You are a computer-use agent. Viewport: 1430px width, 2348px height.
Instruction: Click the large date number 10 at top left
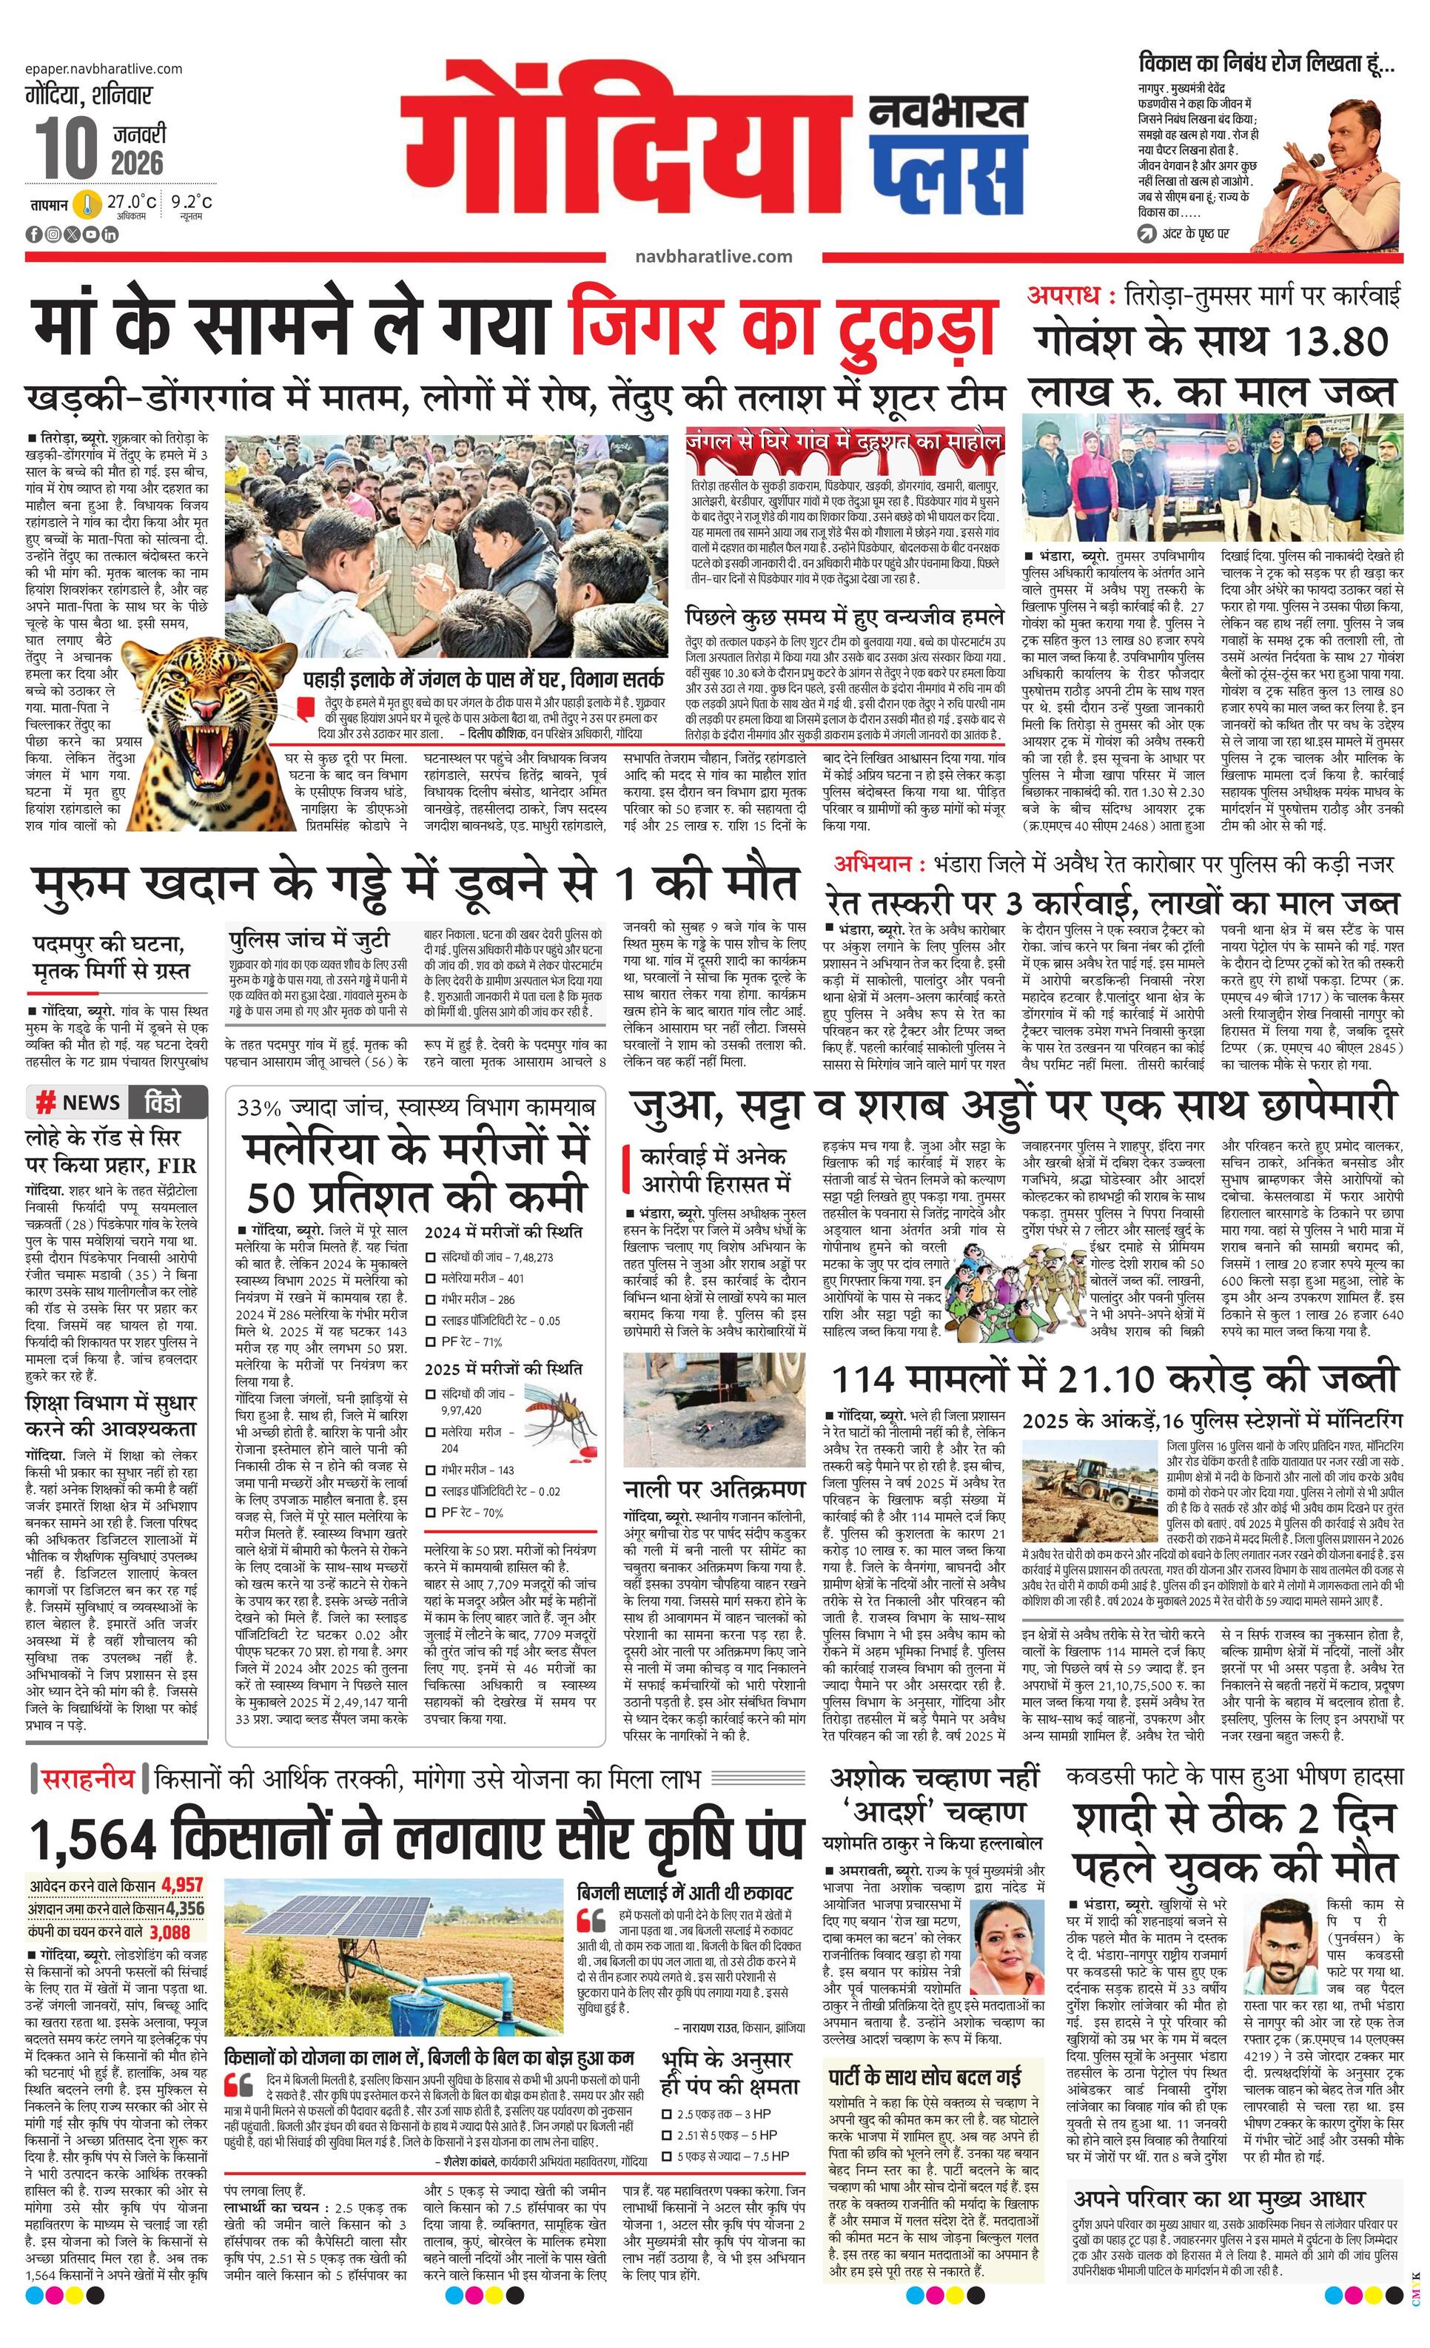pyautogui.click(x=67, y=148)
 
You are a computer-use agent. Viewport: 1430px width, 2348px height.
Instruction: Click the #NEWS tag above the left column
pyautogui.click(x=78, y=1103)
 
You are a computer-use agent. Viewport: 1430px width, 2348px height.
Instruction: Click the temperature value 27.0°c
pyautogui.click(x=130, y=201)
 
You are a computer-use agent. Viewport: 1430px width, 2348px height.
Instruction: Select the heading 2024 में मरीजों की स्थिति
pyautogui.click(x=503, y=1231)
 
